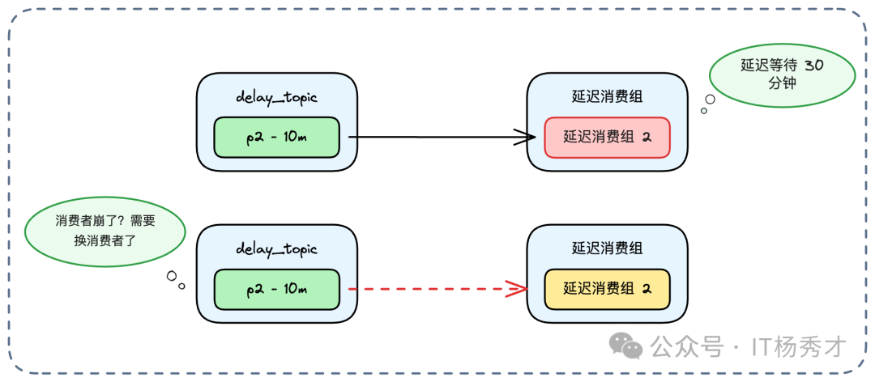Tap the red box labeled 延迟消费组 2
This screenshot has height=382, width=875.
(607, 138)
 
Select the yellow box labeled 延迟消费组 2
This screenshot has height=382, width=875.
(607, 289)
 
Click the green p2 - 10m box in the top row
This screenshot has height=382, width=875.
(275, 138)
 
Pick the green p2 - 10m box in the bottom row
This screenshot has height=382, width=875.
(275, 289)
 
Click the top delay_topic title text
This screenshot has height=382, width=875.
(276, 97)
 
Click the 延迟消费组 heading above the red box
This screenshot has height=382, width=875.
(607, 97)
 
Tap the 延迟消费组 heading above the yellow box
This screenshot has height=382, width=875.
(607, 248)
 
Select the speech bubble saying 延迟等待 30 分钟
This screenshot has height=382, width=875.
(782, 75)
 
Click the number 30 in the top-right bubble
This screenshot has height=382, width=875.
(814, 66)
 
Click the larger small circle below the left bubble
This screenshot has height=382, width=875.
(172, 276)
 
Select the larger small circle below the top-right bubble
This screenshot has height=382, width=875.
(710, 100)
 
